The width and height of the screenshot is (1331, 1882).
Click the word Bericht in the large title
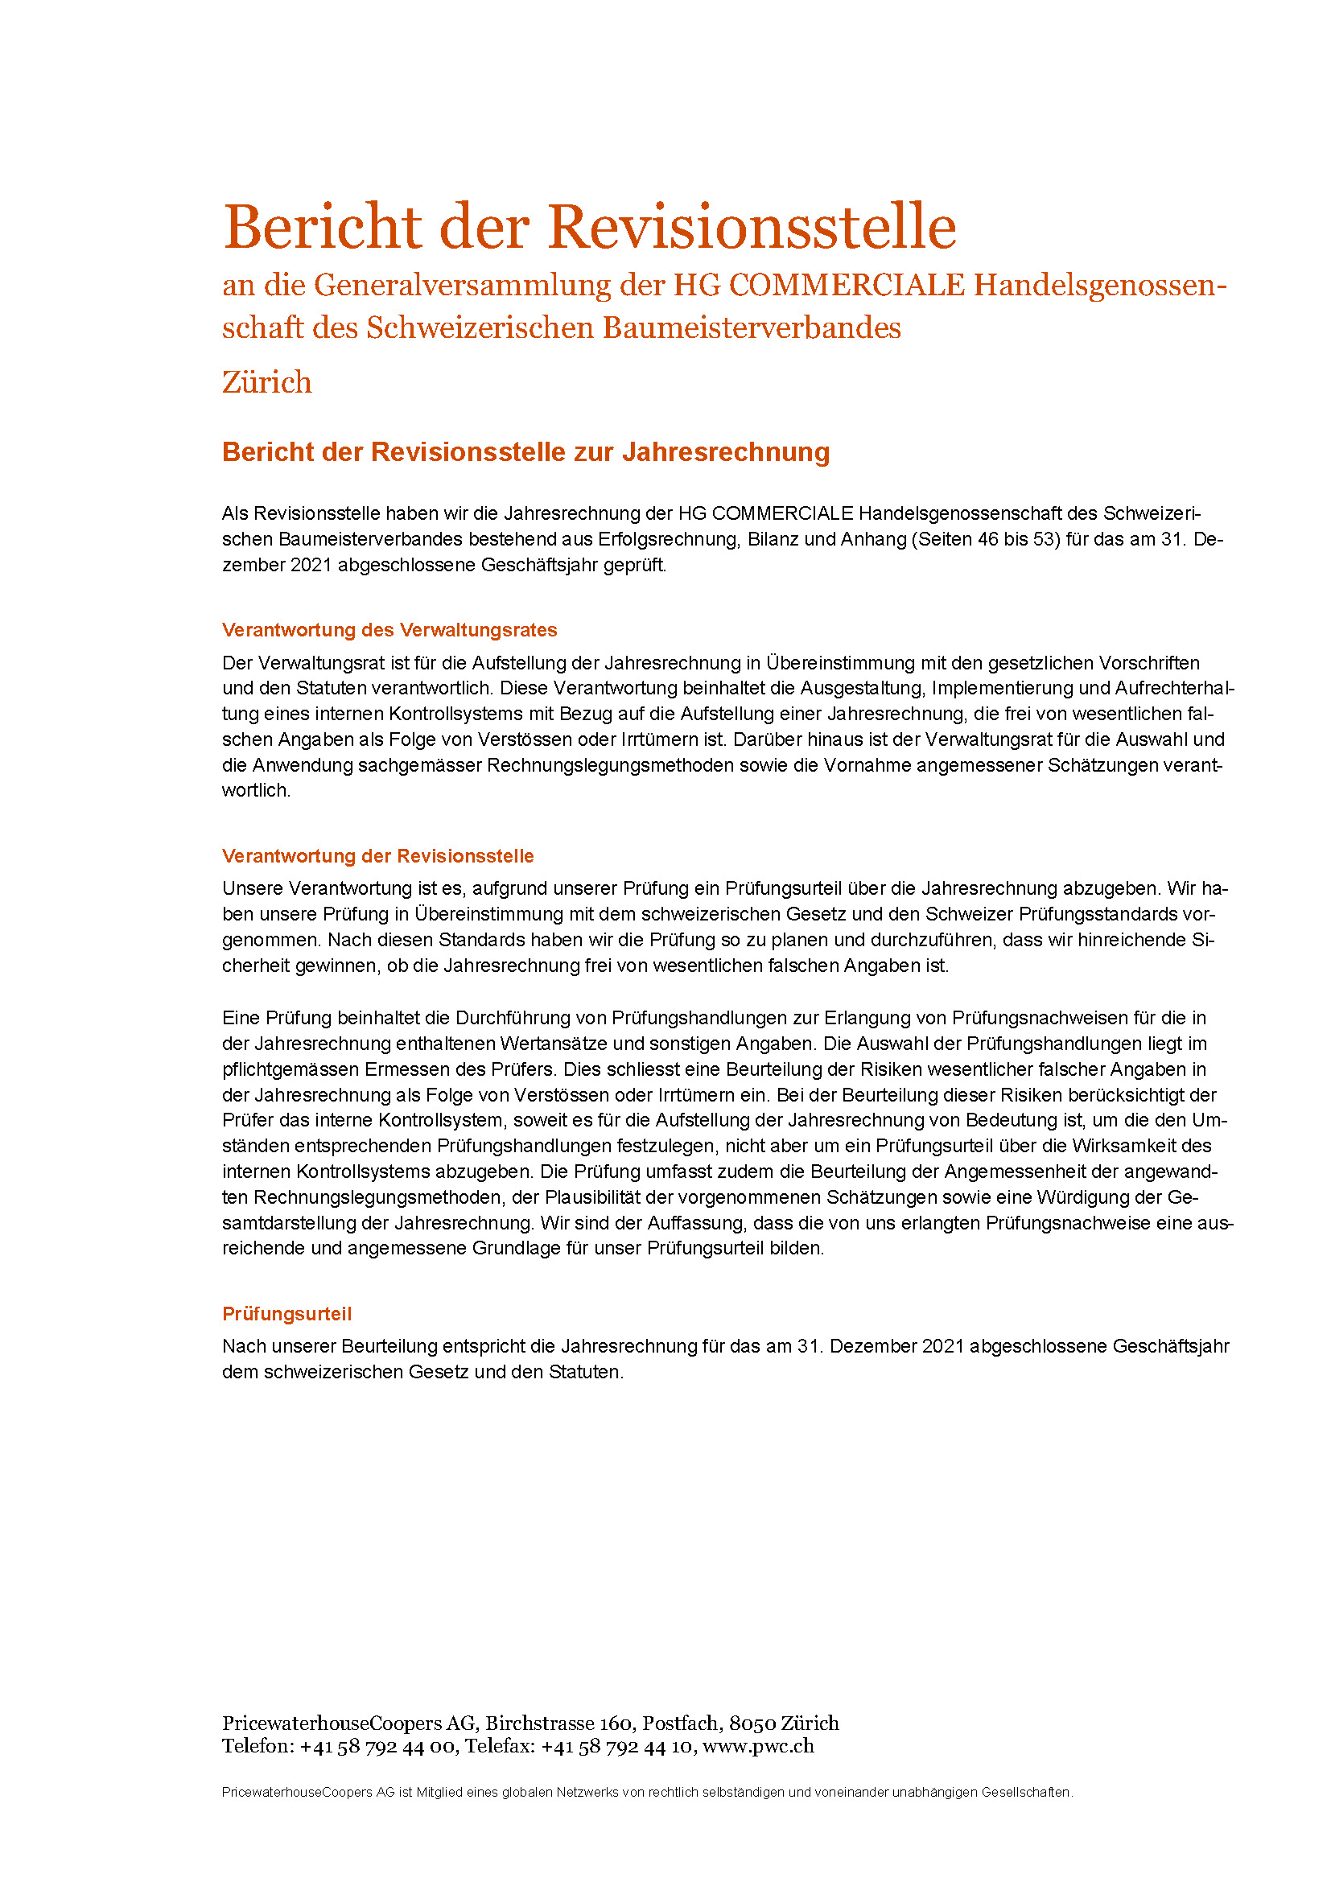coord(322,227)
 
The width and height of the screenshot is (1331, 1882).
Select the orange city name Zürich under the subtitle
coord(267,383)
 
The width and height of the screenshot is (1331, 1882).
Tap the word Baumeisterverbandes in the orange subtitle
coord(752,327)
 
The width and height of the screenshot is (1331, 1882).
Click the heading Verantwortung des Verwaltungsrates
coord(389,629)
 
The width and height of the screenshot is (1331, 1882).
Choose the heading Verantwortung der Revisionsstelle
coord(378,856)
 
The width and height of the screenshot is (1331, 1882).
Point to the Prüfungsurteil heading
coord(286,1314)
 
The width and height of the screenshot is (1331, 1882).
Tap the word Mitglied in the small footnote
coord(439,1793)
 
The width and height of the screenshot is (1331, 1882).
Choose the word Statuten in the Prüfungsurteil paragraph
coord(585,1372)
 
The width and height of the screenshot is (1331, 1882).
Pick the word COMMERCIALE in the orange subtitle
coord(847,286)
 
